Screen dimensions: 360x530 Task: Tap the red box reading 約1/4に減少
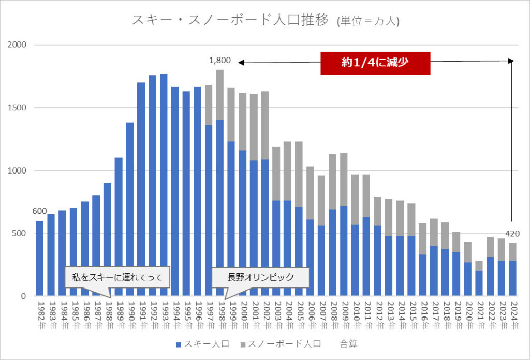(x=375, y=63)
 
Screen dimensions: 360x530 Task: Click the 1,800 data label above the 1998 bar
(x=219, y=61)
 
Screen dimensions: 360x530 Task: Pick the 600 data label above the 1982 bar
(x=40, y=211)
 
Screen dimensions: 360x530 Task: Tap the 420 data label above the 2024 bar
(x=512, y=233)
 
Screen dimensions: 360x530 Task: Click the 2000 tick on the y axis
(x=18, y=45)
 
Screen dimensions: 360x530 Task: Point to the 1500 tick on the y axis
(x=18, y=108)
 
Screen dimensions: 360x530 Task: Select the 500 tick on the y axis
(x=21, y=233)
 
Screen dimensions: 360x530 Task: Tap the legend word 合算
(x=348, y=343)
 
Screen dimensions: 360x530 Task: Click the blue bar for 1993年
(x=164, y=186)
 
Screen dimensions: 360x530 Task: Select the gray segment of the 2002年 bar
(x=265, y=124)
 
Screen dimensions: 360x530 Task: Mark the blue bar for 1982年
(x=40, y=259)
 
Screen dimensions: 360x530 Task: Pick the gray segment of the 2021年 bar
(x=479, y=266)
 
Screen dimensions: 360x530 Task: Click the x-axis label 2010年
(x=356, y=313)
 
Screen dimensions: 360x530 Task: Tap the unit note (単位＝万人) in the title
(x=368, y=21)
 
